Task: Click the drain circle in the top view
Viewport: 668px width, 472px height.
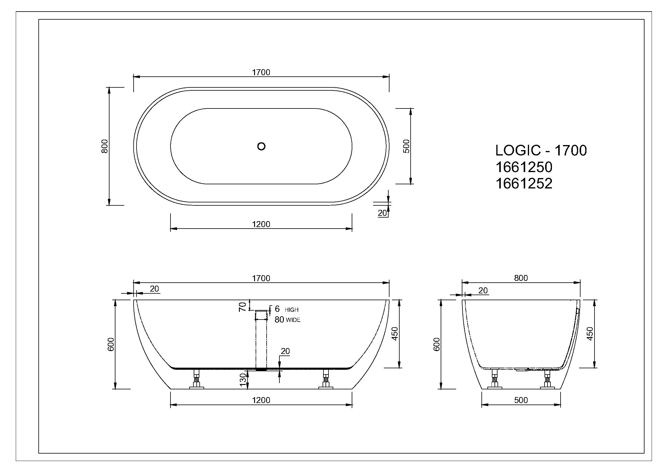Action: (x=261, y=146)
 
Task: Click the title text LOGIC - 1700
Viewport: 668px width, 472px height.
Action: (x=541, y=150)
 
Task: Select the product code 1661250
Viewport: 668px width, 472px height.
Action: (x=524, y=167)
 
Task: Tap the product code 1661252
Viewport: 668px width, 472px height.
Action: (x=524, y=183)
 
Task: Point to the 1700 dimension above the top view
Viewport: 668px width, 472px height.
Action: (x=261, y=72)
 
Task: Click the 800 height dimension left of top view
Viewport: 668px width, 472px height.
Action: (x=105, y=146)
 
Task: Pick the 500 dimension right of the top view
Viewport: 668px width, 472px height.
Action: (x=406, y=146)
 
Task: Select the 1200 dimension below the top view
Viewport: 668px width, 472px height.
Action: (x=261, y=224)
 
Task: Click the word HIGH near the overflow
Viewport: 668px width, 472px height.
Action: (x=292, y=310)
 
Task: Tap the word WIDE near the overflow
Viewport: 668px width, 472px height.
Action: (x=293, y=320)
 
